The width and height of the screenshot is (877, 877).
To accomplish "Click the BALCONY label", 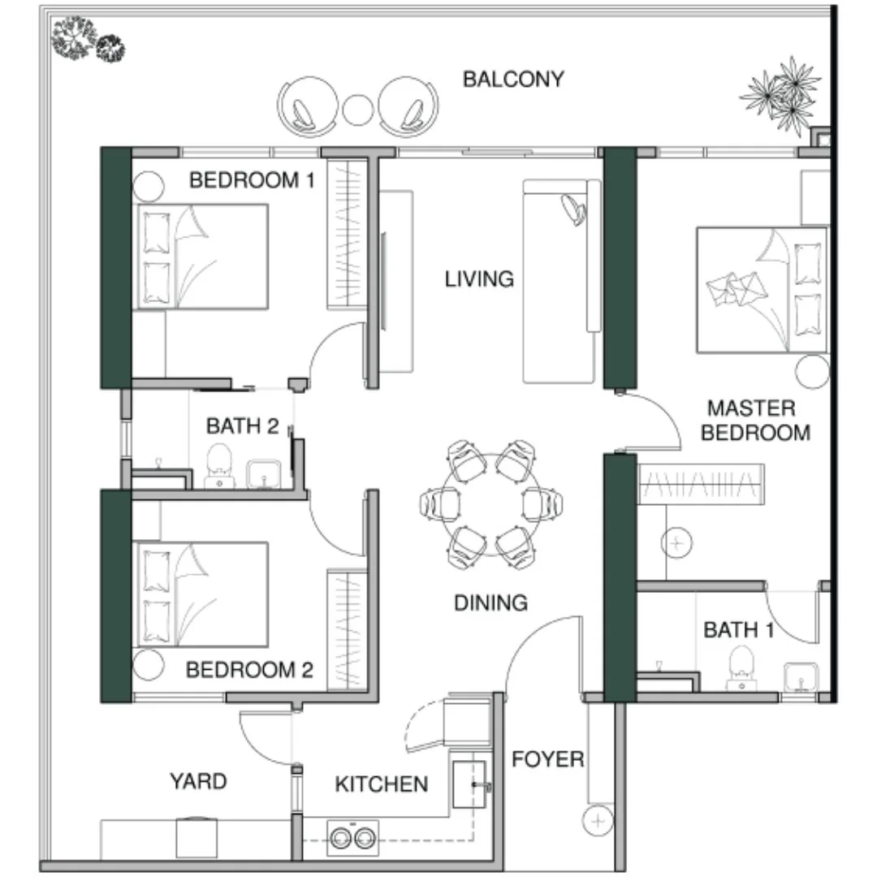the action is [513, 80].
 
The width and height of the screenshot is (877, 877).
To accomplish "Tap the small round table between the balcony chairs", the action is [358, 110].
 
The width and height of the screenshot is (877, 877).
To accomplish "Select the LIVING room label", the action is [479, 279].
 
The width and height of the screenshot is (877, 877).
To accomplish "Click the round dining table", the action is [491, 504].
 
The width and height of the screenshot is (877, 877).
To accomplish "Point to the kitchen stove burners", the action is [353, 838].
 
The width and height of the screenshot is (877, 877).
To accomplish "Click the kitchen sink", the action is [469, 784].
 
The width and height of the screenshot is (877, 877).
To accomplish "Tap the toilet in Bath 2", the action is [219, 465].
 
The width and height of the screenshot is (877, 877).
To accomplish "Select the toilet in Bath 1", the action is [741, 667].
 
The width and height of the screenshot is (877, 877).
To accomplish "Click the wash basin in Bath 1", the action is [801, 676].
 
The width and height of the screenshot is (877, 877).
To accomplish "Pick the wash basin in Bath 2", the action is [264, 474].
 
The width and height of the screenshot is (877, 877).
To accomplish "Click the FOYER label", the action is [547, 759].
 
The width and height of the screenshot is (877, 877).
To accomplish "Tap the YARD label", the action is [198, 781].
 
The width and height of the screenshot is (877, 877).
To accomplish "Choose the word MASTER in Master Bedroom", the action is [751, 408].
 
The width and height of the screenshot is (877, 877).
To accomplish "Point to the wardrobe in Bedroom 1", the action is [348, 234].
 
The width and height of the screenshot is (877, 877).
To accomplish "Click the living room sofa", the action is [562, 281].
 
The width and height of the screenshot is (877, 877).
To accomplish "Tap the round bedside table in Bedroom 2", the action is [149, 664].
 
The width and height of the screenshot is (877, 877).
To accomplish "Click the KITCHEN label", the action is [382, 784].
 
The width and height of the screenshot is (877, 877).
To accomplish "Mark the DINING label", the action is [490, 603].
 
